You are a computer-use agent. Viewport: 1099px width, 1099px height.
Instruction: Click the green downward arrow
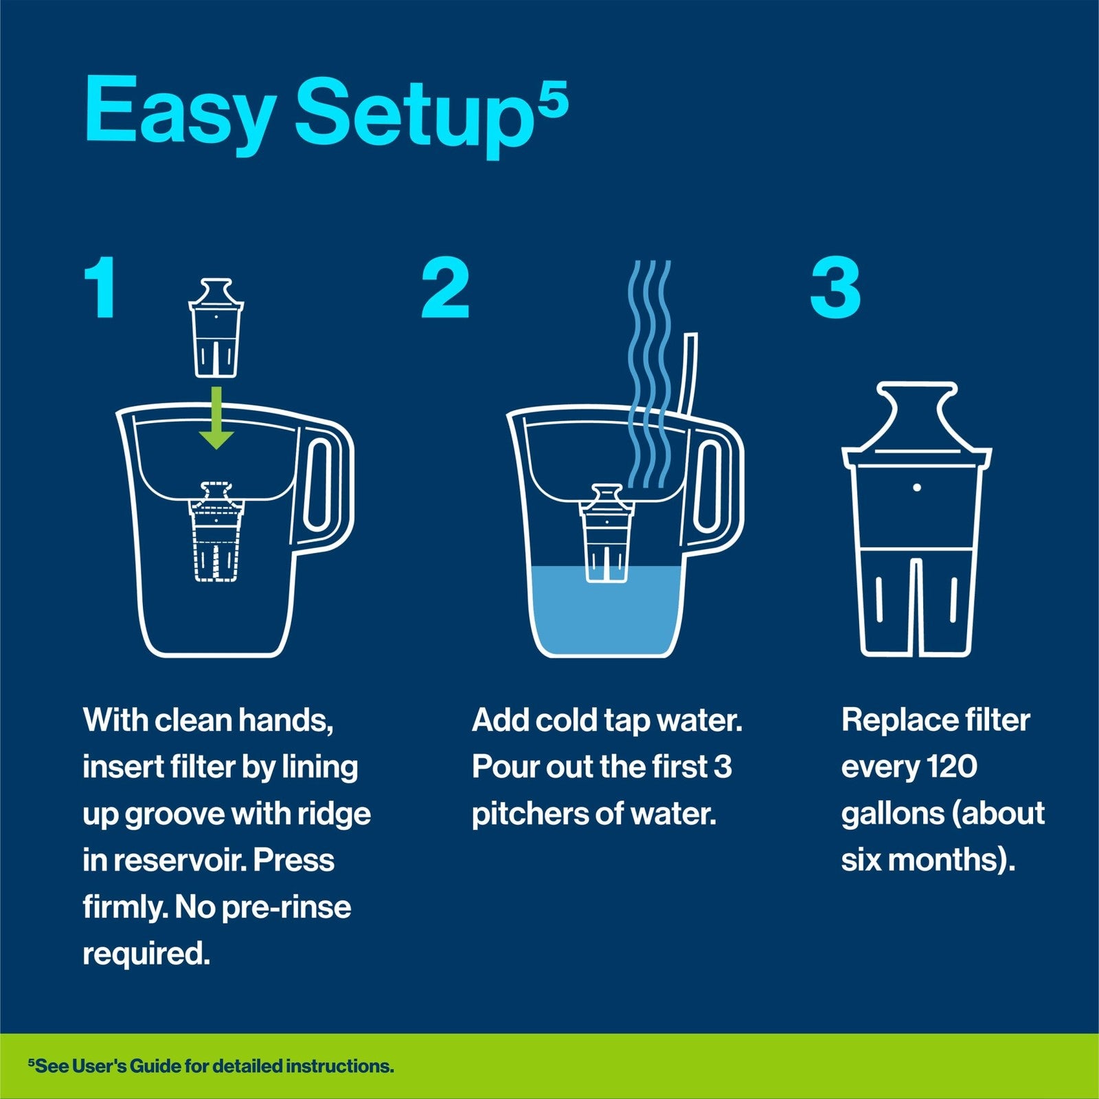(216, 419)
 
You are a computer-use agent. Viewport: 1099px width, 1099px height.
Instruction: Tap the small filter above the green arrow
(216, 328)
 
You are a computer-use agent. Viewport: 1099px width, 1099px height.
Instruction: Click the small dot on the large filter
(918, 488)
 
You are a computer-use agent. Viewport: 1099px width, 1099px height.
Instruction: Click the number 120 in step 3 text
(951, 767)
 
